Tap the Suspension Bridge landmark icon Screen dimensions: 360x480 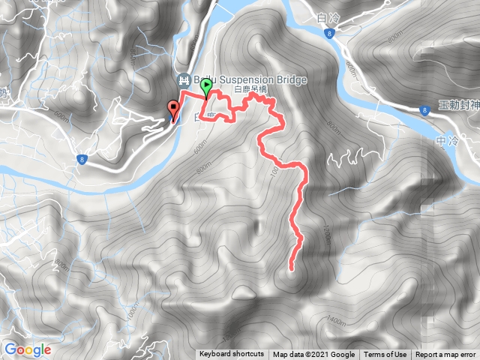(183, 79)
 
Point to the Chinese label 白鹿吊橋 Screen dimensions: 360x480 (250, 90)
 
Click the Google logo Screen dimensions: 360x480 (27, 349)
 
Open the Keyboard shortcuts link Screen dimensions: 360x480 (232, 355)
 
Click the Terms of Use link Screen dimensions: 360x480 (385, 355)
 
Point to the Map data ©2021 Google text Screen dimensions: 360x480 (313, 355)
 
